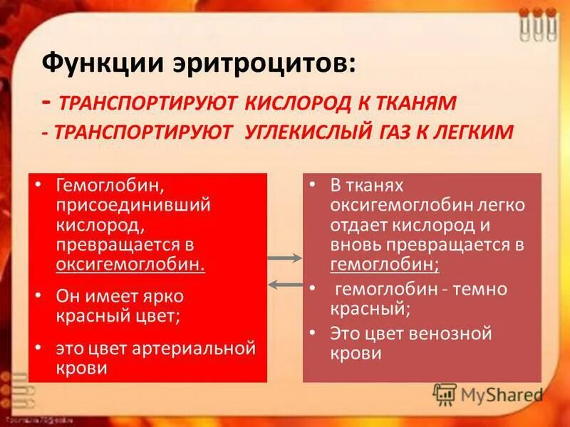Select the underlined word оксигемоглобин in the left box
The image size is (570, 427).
[x=130, y=264]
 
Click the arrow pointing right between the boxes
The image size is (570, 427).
[x=284, y=258]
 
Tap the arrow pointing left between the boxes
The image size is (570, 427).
[x=284, y=284]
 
